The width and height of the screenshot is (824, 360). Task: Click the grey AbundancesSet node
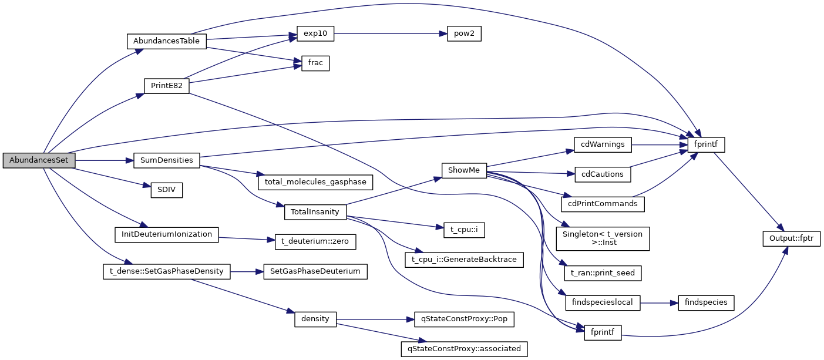click(x=39, y=160)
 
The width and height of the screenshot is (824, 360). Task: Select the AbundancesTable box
click(x=167, y=41)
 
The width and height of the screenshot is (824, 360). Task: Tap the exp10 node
click(x=315, y=34)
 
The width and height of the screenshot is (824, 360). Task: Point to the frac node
click(x=315, y=63)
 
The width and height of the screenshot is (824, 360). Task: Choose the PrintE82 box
click(x=167, y=85)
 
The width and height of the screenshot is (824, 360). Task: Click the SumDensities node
click(x=167, y=160)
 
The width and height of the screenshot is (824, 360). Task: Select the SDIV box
click(x=167, y=190)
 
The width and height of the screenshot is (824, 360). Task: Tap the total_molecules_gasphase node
click(x=315, y=182)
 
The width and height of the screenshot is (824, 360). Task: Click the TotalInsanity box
click(x=315, y=212)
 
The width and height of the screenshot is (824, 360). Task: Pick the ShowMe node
click(x=464, y=170)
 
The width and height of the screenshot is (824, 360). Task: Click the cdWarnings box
click(x=603, y=144)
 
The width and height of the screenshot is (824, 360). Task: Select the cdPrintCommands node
click(x=603, y=204)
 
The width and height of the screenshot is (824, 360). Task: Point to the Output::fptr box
click(x=791, y=238)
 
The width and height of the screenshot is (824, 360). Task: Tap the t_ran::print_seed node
click(x=603, y=272)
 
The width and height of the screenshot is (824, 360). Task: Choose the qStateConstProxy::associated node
click(x=463, y=348)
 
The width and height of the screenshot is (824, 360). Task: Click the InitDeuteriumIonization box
click(x=167, y=234)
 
